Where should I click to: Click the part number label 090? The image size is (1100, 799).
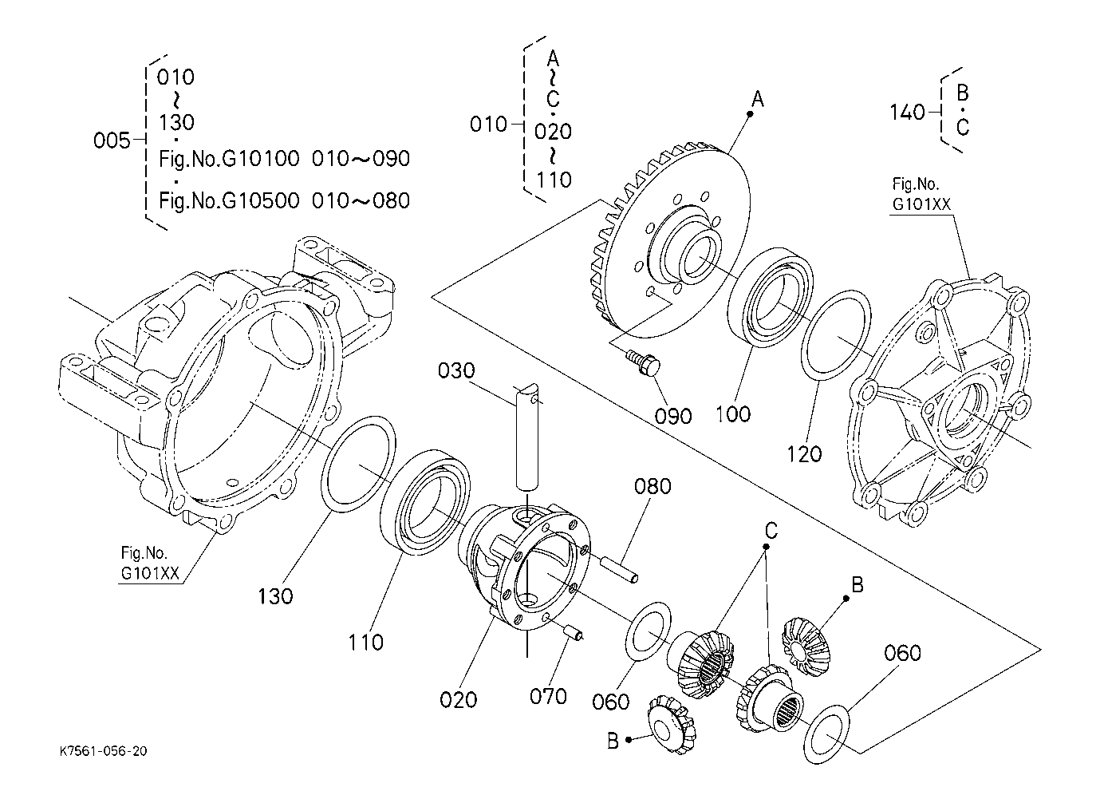point(672,416)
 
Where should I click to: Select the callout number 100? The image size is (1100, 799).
point(733,414)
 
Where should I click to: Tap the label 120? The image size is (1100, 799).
point(804,454)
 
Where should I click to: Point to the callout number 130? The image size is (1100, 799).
point(275,596)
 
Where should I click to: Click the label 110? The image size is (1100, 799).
point(365,643)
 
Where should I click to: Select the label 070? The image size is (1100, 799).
point(548,696)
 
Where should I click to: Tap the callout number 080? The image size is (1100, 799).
point(653,486)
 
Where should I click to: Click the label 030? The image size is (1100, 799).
point(456,370)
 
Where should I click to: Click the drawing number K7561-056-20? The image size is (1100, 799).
point(103,751)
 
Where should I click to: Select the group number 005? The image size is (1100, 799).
point(112,140)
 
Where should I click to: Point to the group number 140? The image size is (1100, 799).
point(908,113)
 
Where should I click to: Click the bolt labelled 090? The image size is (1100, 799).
point(643,365)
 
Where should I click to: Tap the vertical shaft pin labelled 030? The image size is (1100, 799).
point(527,437)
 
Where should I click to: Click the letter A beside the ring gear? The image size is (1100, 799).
point(758,99)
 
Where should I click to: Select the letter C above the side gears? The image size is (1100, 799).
point(771,531)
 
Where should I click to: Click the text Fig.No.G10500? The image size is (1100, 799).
point(229,200)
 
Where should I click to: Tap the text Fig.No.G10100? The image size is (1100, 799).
point(229,159)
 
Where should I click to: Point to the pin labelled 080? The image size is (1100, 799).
point(621,568)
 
